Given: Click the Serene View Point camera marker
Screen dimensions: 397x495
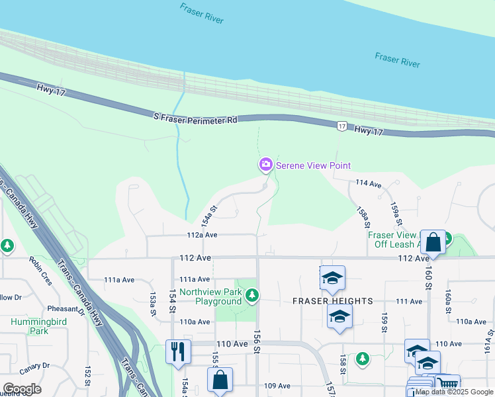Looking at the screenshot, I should pyautogui.click(x=265, y=164).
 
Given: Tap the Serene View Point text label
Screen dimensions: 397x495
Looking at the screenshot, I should pyautogui.click(x=313, y=165).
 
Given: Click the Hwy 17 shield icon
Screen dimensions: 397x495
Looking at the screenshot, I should pyautogui.click(x=341, y=126).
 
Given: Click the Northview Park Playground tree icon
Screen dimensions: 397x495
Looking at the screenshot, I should pyautogui.click(x=251, y=295).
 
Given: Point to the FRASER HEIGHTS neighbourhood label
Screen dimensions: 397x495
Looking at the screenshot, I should pyautogui.click(x=333, y=301).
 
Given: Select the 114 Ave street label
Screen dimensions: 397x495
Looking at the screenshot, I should pyautogui.click(x=369, y=183).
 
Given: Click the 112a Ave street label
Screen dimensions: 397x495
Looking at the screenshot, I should pyautogui.click(x=202, y=235).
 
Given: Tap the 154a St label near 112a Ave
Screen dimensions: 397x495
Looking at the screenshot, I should pyautogui.click(x=210, y=214).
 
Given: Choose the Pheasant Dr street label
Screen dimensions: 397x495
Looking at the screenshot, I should pyautogui.click(x=63, y=308).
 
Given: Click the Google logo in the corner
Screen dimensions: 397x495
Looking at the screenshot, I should pyautogui.click(x=22, y=388).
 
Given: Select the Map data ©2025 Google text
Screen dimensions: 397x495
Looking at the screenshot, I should pyautogui.click(x=455, y=392).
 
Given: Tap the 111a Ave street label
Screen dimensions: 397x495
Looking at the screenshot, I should pyautogui.click(x=194, y=279).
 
